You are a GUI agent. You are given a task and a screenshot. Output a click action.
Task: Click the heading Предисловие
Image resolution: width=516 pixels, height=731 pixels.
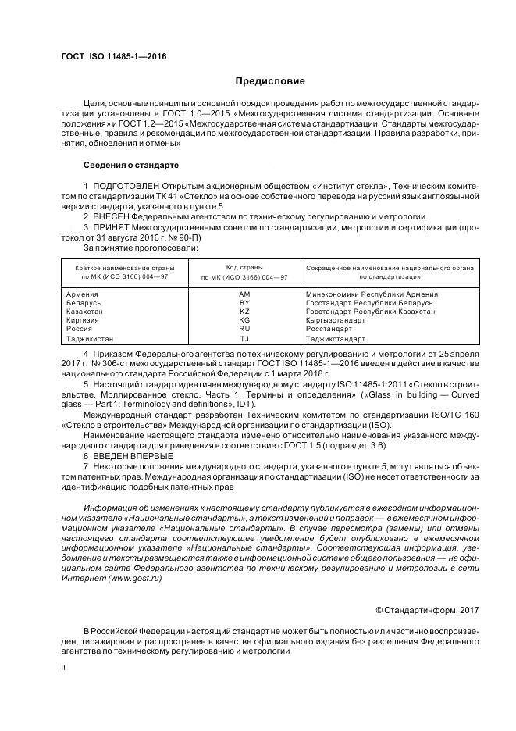270,81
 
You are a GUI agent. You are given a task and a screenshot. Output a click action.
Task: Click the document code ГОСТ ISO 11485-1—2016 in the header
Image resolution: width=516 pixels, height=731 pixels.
113,57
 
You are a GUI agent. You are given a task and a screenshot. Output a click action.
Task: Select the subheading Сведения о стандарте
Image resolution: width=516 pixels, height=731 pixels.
131,166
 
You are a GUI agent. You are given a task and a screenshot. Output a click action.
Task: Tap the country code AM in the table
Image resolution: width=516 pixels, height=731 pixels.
244,294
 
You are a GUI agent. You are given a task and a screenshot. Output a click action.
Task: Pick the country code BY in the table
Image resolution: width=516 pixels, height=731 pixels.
244,302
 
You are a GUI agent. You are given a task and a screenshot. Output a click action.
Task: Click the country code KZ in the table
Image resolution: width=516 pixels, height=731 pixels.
244,311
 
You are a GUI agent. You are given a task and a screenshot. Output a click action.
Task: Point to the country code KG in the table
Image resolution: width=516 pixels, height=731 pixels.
244,319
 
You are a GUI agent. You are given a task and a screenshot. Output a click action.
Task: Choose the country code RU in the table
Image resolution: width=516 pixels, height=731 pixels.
244,329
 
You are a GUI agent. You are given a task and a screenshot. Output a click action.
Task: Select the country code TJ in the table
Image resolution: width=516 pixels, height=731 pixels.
244,339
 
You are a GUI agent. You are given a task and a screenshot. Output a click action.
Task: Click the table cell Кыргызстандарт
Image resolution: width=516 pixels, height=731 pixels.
336,319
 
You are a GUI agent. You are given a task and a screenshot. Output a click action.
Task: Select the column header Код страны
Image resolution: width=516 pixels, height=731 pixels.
244,267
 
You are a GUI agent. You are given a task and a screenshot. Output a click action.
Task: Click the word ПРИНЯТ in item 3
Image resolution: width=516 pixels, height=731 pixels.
110,226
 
